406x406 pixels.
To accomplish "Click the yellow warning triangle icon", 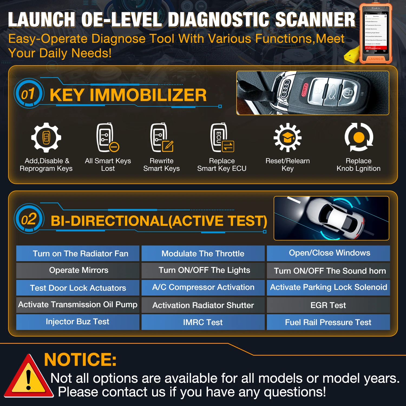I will click(x=28, y=378).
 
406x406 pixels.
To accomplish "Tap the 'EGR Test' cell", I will click(x=328, y=305).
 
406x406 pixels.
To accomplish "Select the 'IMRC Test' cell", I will click(x=203, y=322).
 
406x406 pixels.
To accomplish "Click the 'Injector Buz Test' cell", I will click(x=78, y=322).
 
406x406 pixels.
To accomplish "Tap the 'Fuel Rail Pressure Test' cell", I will click(x=328, y=322).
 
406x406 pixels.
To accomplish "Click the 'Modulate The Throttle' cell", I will click(x=203, y=254).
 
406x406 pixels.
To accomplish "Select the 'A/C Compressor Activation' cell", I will click(x=203, y=287).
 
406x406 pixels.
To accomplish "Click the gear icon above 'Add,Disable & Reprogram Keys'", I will click(x=46, y=137).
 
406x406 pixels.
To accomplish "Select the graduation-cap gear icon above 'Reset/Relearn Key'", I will click(x=287, y=137).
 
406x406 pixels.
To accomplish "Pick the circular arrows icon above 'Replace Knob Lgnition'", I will click(x=359, y=137).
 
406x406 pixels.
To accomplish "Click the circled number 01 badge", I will click(x=28, y=94).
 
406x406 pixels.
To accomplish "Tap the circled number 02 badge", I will click(x=29, y=219).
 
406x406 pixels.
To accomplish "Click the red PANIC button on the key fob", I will click(x=304, y=90).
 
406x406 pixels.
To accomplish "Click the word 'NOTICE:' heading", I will click(x=80, y=359).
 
